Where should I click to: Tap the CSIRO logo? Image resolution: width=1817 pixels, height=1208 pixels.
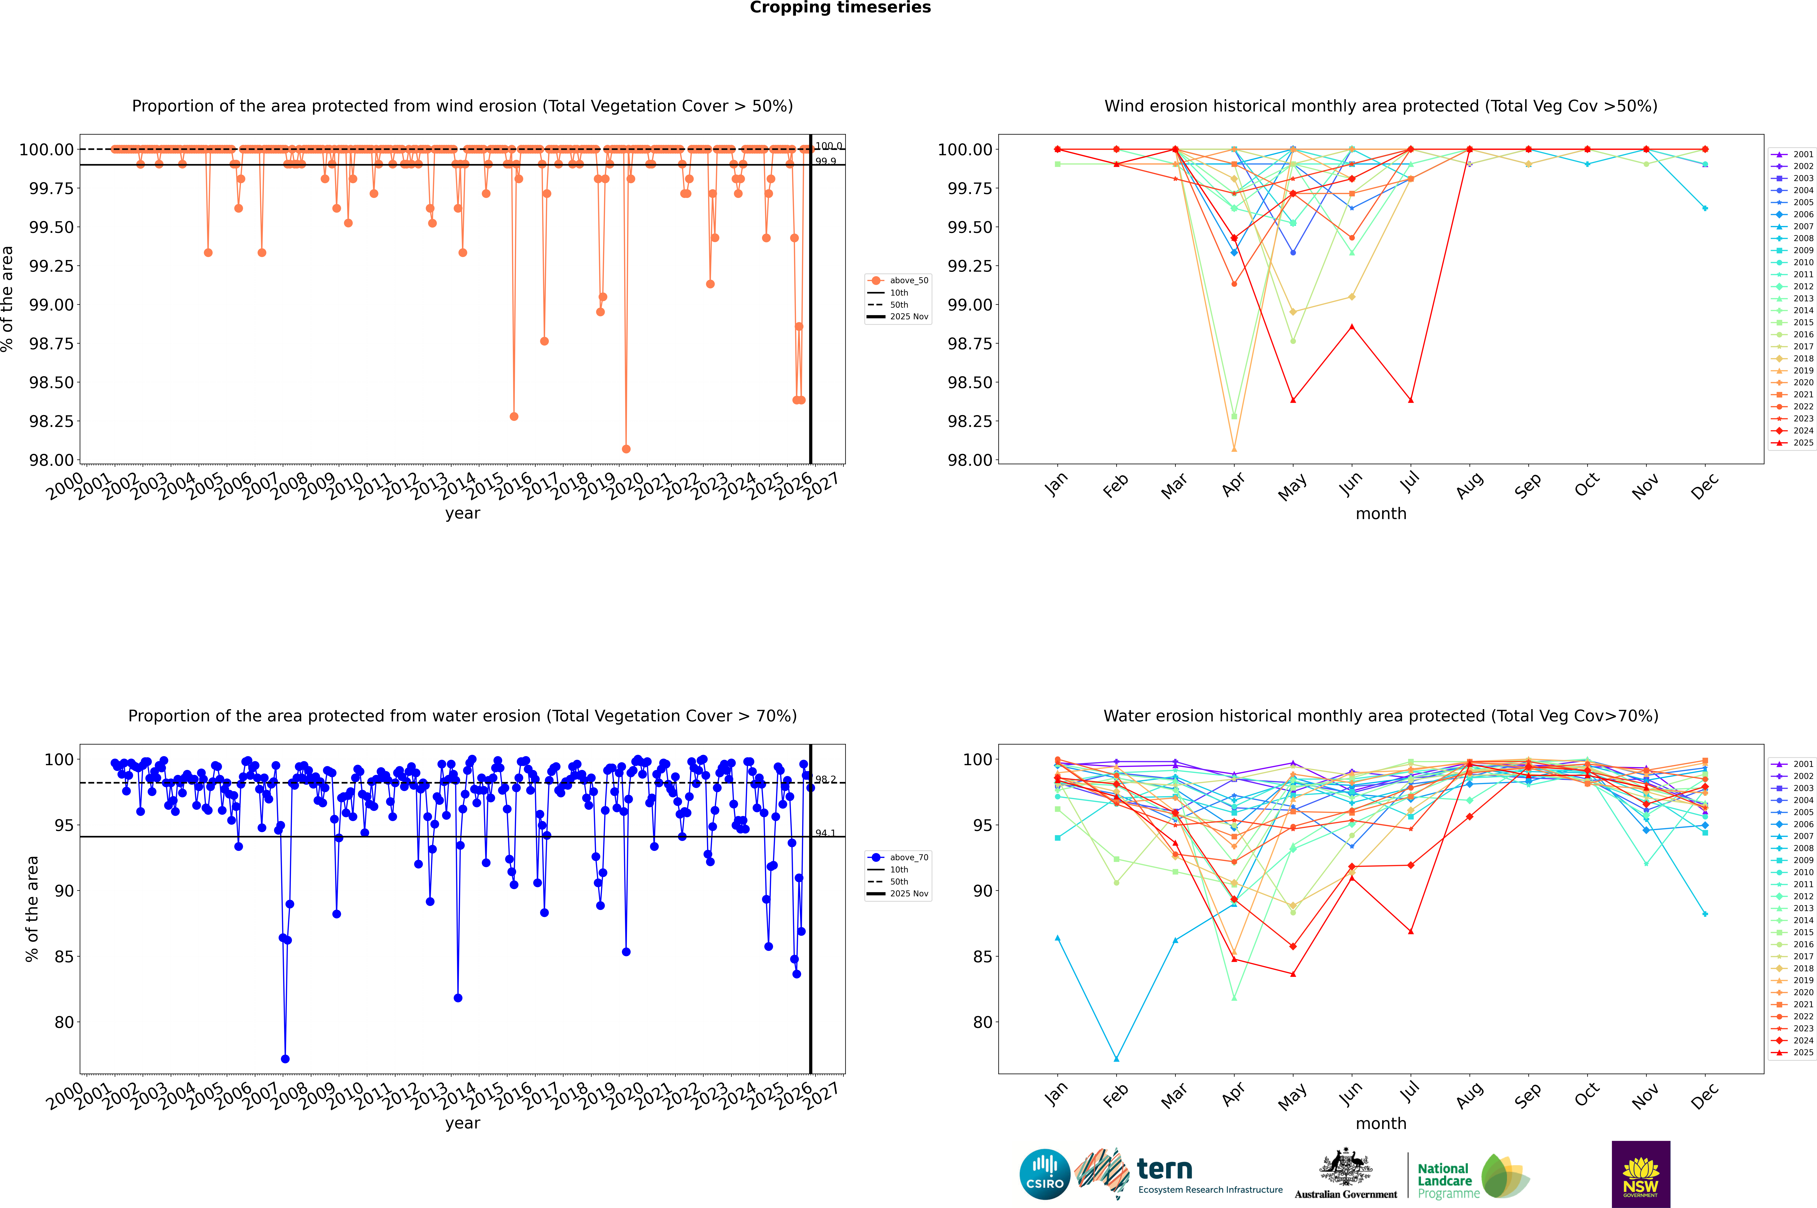(1044, 1174)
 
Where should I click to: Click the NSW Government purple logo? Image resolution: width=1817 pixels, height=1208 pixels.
(1641, 1174)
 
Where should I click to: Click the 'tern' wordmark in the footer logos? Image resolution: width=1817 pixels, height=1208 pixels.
(1165, 1170)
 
